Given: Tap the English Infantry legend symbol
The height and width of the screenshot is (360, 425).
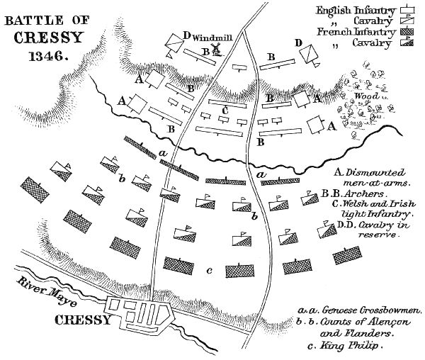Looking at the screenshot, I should pos(407,10).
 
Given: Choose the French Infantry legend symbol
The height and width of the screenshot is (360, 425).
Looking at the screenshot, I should pos(407,33).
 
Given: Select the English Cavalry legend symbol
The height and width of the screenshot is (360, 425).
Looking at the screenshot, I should pos(407,21).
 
